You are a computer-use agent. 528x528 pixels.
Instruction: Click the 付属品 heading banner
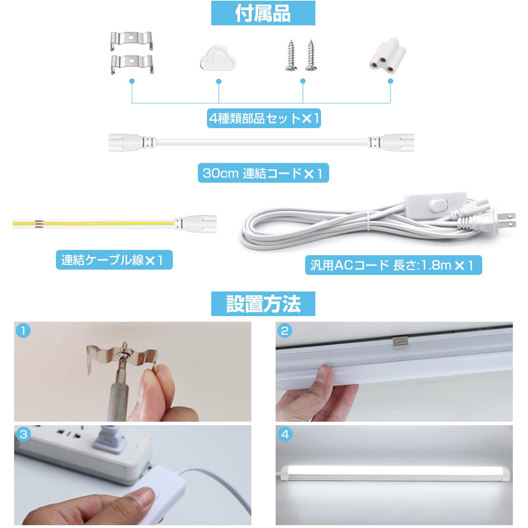[263, 13]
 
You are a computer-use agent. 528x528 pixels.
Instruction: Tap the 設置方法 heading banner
[263, 304]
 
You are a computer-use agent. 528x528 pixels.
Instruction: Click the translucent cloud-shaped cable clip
[218, 58]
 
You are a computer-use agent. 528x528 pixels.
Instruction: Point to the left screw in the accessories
[291, 55]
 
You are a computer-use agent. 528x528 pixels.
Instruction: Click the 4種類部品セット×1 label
[264, 118]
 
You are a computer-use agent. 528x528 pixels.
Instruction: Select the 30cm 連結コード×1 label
[263, 173]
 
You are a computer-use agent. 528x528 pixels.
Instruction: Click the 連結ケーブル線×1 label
[114, 260]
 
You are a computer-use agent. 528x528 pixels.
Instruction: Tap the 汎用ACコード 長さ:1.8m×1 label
[393, 265]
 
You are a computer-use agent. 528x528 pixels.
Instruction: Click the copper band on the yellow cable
[39, 223]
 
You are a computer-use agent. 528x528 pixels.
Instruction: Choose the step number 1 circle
[23, 331]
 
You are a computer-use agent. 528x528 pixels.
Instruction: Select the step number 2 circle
[284, 331]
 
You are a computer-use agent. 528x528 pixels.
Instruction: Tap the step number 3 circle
[23, 434]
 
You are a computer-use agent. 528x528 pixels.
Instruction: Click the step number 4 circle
[284, 434]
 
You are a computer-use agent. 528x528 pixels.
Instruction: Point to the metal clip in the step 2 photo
[400, 342]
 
